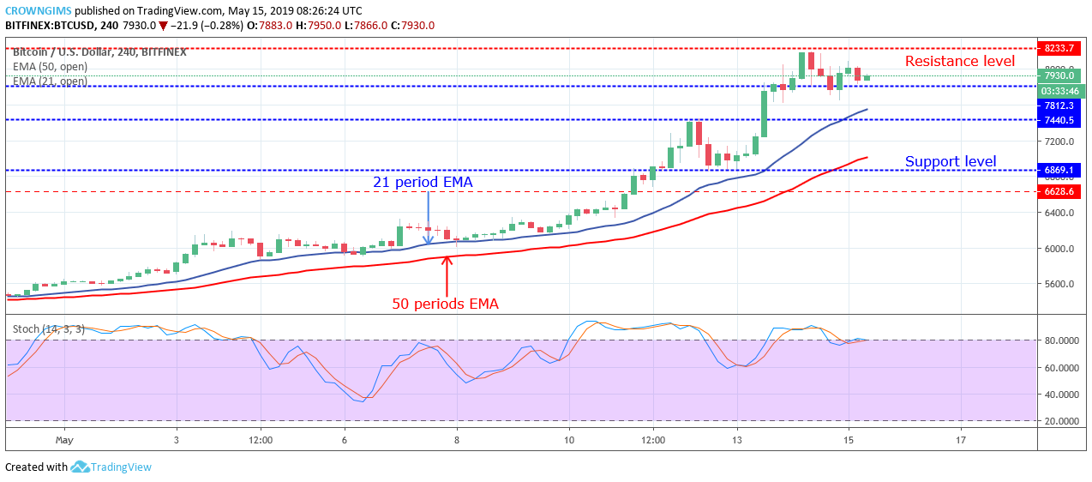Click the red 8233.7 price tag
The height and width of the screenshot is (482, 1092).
[1059, 49]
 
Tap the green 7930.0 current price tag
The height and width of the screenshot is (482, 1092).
[1059, 75]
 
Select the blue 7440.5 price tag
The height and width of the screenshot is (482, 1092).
[1059, 120]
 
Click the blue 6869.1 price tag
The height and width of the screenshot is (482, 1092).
[1059, 171]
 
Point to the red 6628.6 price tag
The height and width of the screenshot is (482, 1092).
[1059, 191]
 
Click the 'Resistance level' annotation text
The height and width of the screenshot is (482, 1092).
[959, 61]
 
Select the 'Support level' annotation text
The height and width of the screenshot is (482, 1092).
[951, 161]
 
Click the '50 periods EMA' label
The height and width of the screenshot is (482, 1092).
[445, 303]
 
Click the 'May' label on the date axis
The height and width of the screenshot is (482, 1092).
[64, 440]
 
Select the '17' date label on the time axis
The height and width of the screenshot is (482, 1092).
[960, 440]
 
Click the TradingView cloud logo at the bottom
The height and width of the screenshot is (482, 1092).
[81, 467]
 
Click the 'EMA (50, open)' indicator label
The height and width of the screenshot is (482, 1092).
[50, 67]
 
